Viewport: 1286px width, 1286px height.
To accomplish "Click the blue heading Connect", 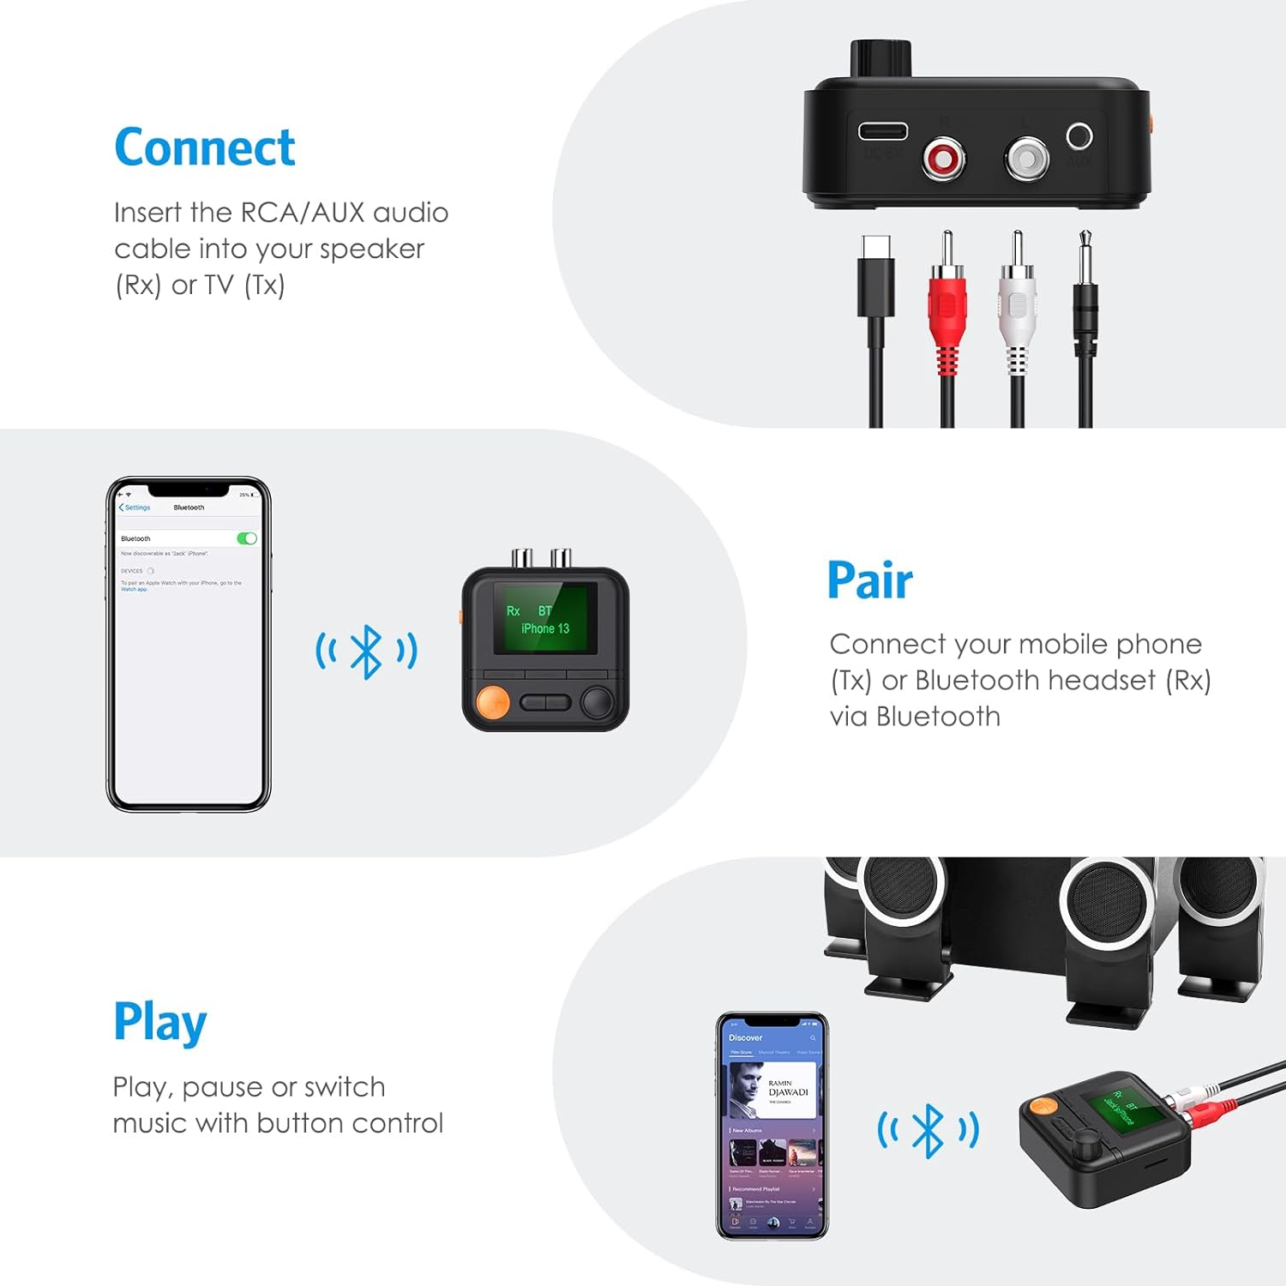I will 205,147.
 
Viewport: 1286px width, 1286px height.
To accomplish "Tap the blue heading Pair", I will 869,580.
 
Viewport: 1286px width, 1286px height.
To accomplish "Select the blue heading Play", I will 160,1022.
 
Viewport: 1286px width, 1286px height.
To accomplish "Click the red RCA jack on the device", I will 943,159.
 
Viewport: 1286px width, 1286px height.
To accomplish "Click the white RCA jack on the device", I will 1026,159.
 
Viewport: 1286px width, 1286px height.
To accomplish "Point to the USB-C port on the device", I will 883,131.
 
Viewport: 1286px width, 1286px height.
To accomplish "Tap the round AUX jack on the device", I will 1079,136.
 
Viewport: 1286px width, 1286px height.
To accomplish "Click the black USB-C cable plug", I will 875,283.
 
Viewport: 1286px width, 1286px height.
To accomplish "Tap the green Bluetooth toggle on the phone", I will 247,538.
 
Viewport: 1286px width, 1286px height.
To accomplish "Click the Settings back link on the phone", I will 135,508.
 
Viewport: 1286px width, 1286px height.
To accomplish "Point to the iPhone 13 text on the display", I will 545,628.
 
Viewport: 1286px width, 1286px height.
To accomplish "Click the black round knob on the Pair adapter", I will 598,702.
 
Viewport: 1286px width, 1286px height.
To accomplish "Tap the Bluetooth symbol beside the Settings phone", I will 366,652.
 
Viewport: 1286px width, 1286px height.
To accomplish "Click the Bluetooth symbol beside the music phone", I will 928,1131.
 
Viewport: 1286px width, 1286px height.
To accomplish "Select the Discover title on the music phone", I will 745,1037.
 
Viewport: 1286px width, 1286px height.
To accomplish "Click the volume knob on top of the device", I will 880,58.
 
